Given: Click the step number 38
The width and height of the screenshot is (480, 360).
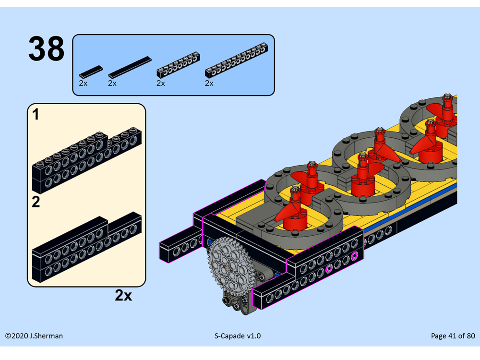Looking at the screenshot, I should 46,49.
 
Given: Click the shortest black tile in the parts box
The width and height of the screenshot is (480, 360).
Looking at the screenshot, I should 91,72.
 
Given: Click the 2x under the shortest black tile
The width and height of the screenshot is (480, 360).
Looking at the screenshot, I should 83,84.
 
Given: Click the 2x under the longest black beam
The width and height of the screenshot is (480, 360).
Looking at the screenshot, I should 209,84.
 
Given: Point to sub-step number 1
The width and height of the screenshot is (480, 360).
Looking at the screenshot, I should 36,115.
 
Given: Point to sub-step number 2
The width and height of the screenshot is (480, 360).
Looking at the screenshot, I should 36,202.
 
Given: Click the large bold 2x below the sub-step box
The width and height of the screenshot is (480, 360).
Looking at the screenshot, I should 123,295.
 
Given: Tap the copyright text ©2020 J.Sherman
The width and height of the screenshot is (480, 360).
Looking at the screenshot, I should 34,336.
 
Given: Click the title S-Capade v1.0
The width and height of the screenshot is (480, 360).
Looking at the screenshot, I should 238,336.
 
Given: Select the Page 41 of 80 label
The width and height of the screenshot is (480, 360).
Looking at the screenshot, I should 453,336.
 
